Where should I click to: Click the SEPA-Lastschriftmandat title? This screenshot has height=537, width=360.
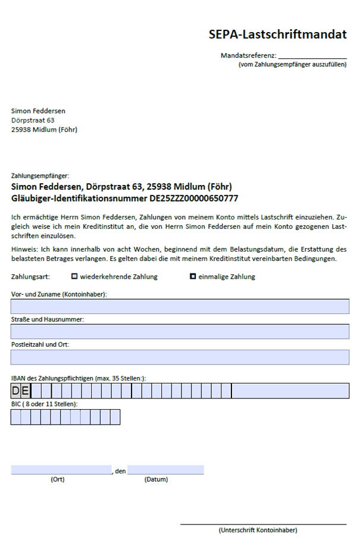(x=277, y=34)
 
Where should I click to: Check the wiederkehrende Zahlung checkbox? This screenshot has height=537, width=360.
(x=74, y=277)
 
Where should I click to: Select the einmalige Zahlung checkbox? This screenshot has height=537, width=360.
(x=193, y=277)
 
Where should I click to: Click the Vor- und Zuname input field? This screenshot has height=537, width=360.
(x=180, y=306)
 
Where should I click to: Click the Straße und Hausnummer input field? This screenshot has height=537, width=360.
(x=180, y=331)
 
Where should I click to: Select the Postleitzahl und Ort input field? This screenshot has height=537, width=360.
(x=180, y=357)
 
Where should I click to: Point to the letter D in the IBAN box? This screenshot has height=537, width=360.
(x=16, y=391)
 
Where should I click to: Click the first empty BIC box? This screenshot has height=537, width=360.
(x=16, y=417)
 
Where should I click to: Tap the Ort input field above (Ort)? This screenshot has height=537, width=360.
(x=61, y=470)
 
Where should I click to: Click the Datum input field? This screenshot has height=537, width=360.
(x=165, y=470)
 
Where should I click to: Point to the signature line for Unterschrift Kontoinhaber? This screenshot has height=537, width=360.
(x=263, y=523)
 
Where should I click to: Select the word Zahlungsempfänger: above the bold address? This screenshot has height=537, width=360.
(x=40, y=176)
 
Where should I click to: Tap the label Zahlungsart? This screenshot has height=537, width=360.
(x=30, y=277)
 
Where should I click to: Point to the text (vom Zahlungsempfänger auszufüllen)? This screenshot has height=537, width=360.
(x=292, y=64)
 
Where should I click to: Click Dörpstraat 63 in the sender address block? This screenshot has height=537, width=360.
(x=33, y=120)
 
